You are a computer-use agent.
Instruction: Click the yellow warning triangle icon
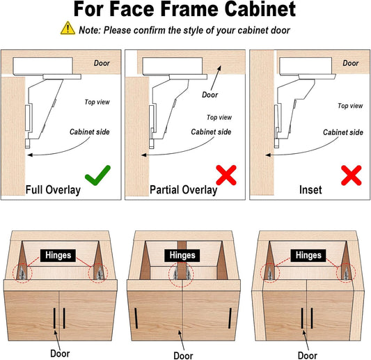click(68, 29)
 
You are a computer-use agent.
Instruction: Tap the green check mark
click(97, 175)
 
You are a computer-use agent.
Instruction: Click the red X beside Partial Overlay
click(226, 175)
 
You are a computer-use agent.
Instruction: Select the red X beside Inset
click(352, 175)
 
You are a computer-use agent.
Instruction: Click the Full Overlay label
click(53, 190)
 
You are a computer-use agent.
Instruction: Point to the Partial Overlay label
click(183, 190)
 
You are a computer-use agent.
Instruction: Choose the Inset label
click(310, 190)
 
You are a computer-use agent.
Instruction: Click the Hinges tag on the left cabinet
click(58, 256)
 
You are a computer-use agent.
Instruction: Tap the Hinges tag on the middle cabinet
click(182, 256)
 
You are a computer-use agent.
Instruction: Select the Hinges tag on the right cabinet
click(308, 256)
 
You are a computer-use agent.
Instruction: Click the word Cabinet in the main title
click(260, 9)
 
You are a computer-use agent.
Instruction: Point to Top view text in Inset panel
click(350, 106)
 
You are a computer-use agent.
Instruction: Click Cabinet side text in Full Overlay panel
click(89, 132)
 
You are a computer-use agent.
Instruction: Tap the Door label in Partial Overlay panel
click(210, 95)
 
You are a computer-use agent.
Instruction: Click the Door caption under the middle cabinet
click(183, 356)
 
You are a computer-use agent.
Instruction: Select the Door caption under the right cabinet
click(308, 356)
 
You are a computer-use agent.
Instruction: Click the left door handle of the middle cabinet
click(136, 318)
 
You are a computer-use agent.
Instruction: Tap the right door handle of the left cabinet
click(64, 318)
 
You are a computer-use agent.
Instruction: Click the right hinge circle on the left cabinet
click(98, 273)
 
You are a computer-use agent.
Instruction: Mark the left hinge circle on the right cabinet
click(270, 273)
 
